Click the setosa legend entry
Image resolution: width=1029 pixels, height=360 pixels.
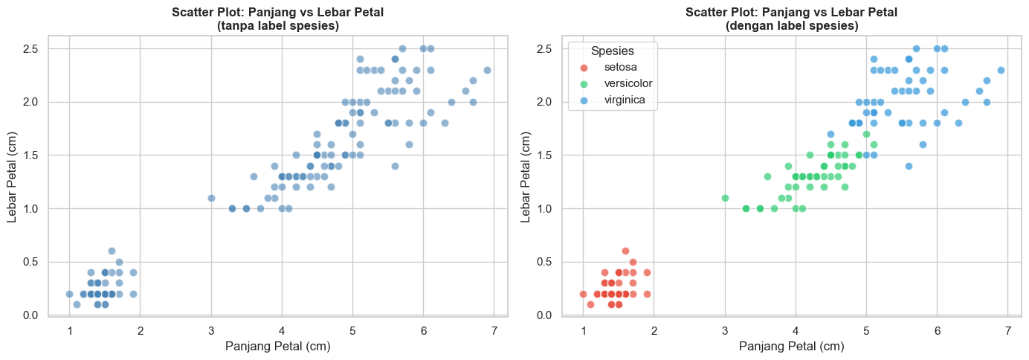[620, 67]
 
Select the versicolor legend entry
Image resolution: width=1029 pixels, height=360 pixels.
[628, 83]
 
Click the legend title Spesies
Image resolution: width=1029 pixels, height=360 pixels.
[612, 51]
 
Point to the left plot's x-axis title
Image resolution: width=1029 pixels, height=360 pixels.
[278, 346]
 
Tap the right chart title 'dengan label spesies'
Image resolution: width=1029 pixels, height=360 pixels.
[791, 26]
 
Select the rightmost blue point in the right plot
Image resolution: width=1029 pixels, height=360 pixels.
[1001, 70]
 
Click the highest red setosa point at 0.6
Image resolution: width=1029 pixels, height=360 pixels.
[625, 251]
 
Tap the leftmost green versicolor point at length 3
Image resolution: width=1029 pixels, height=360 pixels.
[725, 198]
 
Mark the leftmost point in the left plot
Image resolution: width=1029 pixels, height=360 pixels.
[69, 294]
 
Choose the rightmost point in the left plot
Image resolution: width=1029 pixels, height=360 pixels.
[487, 70]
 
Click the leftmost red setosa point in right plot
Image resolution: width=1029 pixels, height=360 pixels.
[583, 294]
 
